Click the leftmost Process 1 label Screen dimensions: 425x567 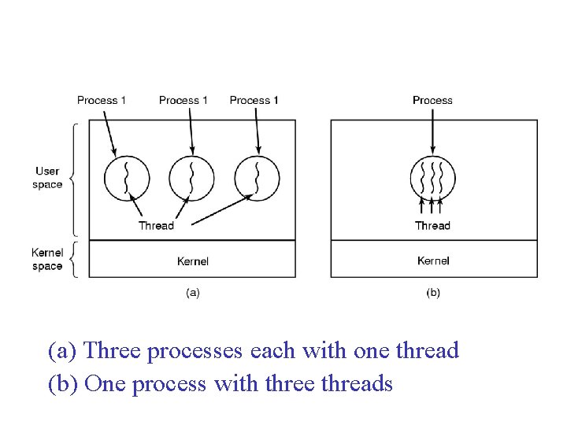pyautogui.click(x=102, y=100)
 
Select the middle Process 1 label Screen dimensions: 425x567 pyautogui.click(x=183, y=100)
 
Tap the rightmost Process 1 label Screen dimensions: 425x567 pyautogui.click(x=254, y=100)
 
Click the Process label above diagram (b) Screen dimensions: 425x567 pyautogui.click(x=432, y=100)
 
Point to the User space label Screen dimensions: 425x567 pyautogui.click(x=47, y=178)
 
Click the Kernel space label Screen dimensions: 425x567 pyautogui.click(x=47, y=259)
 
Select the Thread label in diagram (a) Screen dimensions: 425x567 pyautogui.click(x=156, y=226)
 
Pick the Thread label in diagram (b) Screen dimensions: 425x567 pyautogui.click(x=432, y=226)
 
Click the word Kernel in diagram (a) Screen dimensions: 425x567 pyautogui.click(x=193, y=261)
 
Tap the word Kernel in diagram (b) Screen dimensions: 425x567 pyautogui.click(x=433, y=261)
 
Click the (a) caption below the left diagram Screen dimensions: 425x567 pyautogui.click(x=193, y=293)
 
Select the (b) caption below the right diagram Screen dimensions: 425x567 pyautogui.click(x=433, y=293)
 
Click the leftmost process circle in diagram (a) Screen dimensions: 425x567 pyautogui.click(x=127, y=179)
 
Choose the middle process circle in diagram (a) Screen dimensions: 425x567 pyautogui.click(x=191, y=179)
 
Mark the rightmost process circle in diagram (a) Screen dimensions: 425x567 pyautogui.click(x=257, y=179)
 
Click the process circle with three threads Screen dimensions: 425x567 pyautogui.click(x=433, y=179)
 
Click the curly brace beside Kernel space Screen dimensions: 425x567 pyautogui.click(x=73, y=259)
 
